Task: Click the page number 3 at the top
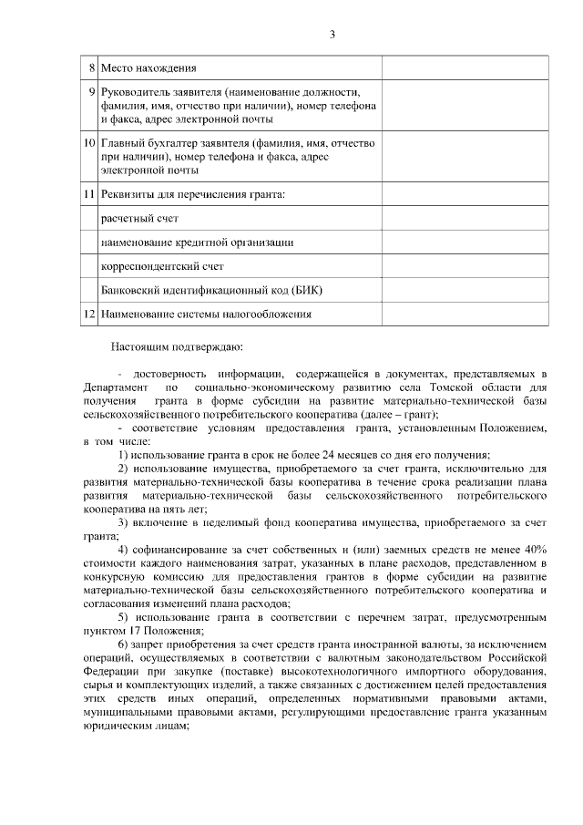point(332,35)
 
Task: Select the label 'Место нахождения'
point(148,68)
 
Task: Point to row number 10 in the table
point(89,143)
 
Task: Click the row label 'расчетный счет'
point(139,219)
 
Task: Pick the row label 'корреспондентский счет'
point(162,266)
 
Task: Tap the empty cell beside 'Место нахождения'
point(465,68)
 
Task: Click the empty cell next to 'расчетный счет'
point(465,219)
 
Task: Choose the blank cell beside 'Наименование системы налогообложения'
point(465,314)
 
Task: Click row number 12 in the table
point(89,314)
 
